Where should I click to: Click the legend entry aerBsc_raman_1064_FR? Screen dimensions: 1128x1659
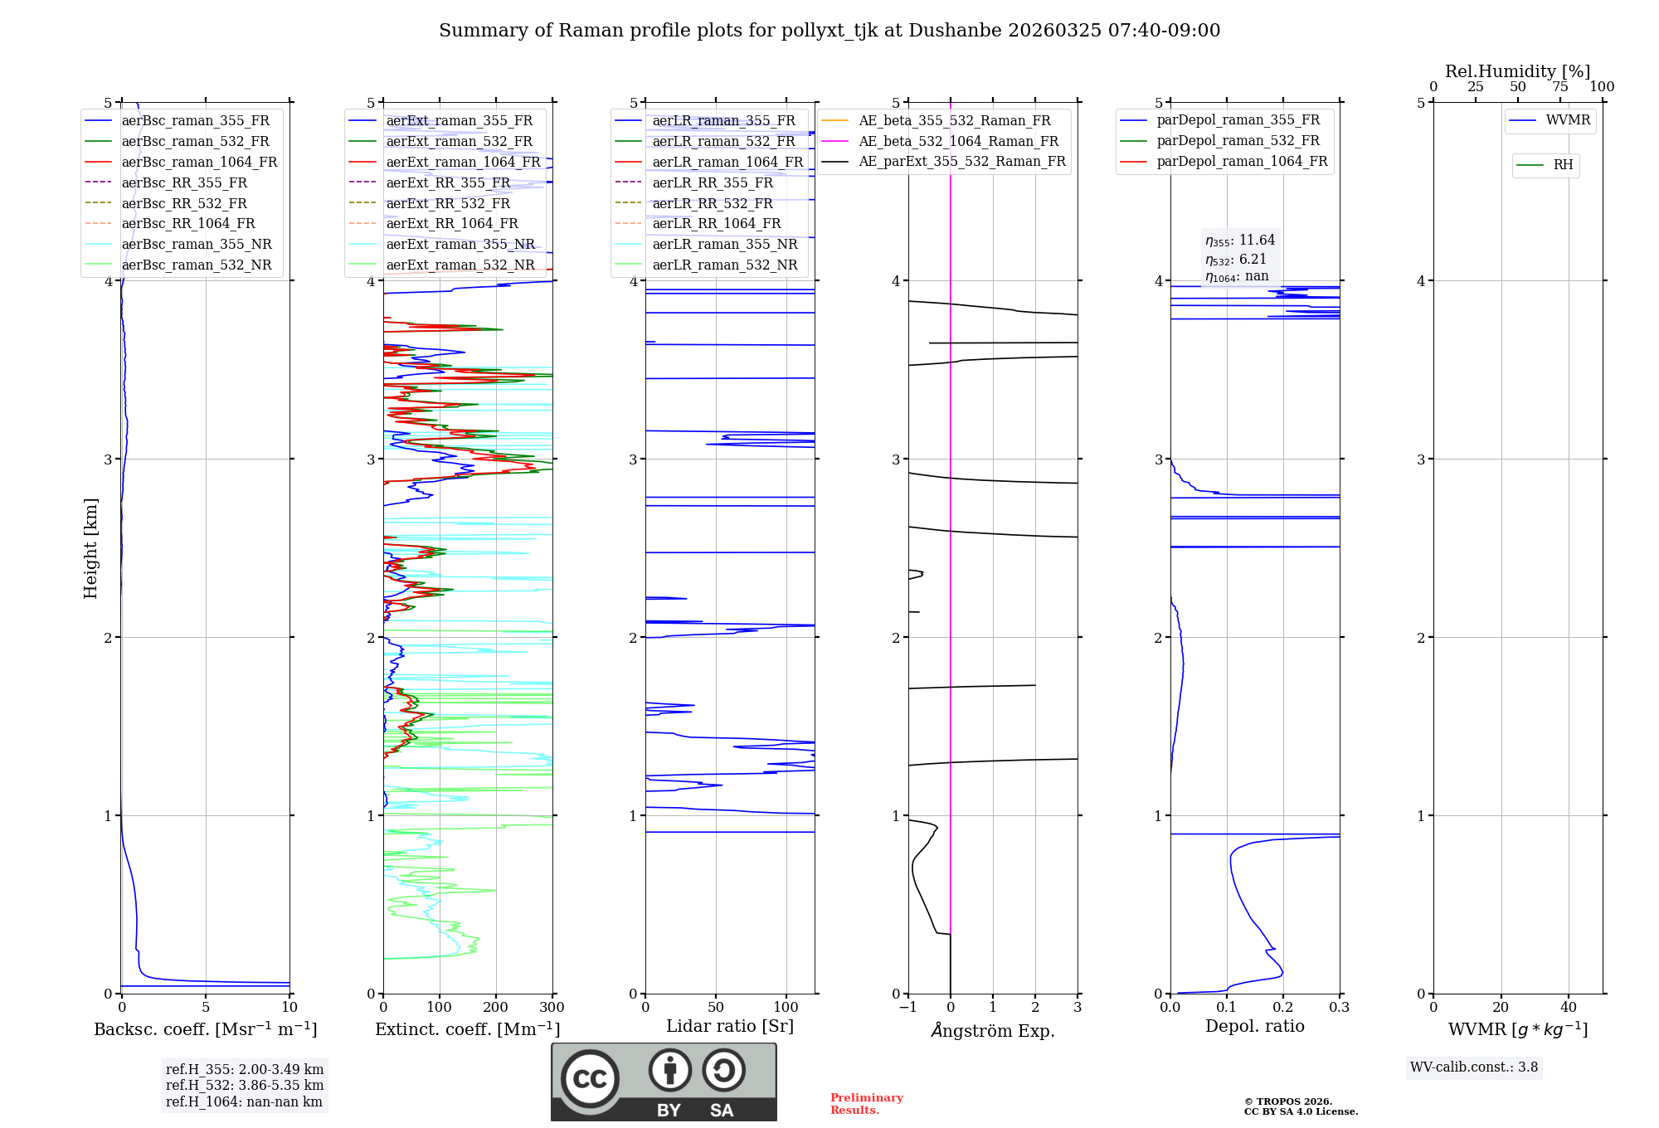(199, 162)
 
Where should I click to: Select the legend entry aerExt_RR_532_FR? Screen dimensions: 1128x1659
(448, 203)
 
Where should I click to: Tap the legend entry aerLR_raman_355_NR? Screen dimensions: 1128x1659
(724, 244)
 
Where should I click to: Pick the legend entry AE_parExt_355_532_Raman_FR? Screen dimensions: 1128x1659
(961, 161)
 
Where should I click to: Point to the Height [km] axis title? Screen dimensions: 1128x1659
(90, 548)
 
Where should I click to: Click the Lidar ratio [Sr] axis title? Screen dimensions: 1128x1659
(730, 1026)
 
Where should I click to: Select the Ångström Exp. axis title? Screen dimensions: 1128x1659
(993, 1030)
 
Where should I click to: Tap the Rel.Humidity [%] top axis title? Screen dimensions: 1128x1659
(1517, 71)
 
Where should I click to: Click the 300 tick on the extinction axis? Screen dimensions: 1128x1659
(552, 1008)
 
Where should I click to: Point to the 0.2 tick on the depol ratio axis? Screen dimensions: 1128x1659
(1283, 1008)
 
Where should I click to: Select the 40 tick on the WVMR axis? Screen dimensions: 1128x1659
(1569, 1008)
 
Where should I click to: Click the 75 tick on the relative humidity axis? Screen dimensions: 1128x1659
(1560, 87)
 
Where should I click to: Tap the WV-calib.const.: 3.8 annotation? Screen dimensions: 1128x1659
(1474, 1067)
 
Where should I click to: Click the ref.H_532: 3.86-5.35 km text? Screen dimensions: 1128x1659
(245, 1086)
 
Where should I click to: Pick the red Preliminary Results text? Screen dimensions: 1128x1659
(866, 1104)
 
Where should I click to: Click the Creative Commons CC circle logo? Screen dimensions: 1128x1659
(590, 1079)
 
